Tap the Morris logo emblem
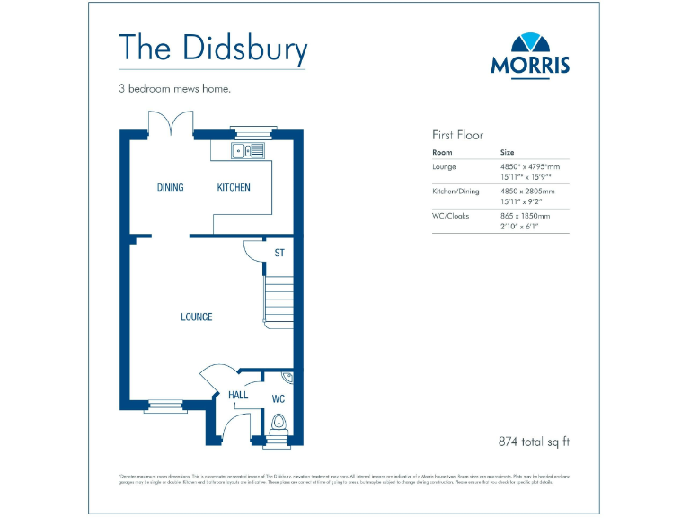pos(530,42)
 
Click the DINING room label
pos(171,188)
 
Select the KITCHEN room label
pos(234,188)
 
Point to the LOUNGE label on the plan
pos(197,317)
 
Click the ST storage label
pos(279,254)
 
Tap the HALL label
pos(238,396)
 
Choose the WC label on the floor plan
pos(278,397)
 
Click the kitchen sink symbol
pos(249,150)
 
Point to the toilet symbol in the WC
pos(277,424)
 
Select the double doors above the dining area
pos(172,123)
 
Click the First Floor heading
pos(457,135)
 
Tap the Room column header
pos(442,153)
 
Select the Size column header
pos(508,153)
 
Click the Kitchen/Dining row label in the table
pos(456,192)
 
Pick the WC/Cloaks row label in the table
pos(453,216)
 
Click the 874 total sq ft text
pos(535,442)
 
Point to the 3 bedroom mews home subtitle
pos(174,89)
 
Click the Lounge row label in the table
pos(445,167)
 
